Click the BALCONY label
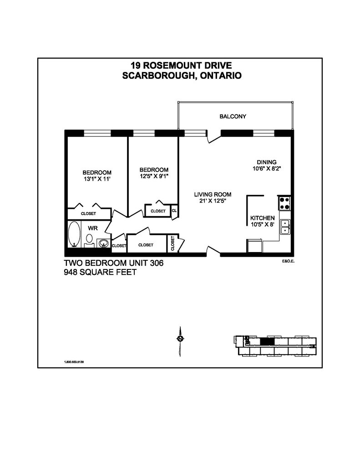[233, 116]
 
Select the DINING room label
[267, 162]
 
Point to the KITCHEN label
[262, 218]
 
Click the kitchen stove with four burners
[284, 203]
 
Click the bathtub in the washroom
[74, 234]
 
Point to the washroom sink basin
[104, 243]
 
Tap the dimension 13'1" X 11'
[97, 179]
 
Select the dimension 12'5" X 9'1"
[154, 176]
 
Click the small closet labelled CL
[174, 211]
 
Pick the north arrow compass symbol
[181, 339]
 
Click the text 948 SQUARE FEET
[100, 273]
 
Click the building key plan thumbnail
[274, 345]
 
